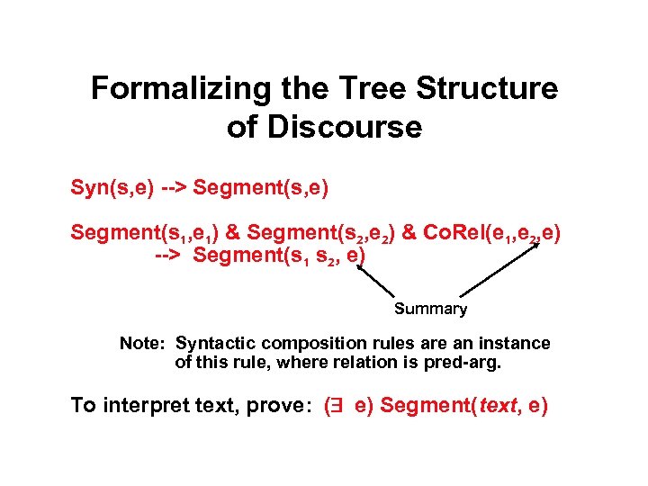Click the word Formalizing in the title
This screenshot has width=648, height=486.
[x=167, y=89]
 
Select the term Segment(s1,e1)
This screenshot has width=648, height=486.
[x=145, y=233]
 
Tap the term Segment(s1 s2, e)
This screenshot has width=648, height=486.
[x=279, y=256]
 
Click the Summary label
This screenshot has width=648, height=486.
[x=430, y=309]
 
